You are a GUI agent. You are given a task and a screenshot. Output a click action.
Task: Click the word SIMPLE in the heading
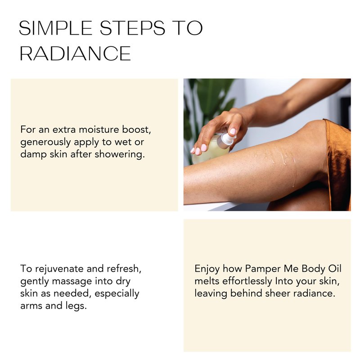[x=55, y=28]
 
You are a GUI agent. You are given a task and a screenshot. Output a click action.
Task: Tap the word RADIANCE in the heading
[x=75, y=53]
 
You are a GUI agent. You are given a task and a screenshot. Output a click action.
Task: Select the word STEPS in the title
[x=132, y=28]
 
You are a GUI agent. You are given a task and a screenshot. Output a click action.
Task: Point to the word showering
[x=120, y=154]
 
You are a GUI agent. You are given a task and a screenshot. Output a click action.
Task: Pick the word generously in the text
[x=45, y=143]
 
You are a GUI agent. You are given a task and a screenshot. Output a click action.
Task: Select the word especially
[x=117, y=294]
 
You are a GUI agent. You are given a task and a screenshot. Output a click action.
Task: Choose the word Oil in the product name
[x=335, y=269]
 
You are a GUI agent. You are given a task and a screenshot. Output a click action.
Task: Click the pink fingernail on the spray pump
[x=233, y=131]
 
